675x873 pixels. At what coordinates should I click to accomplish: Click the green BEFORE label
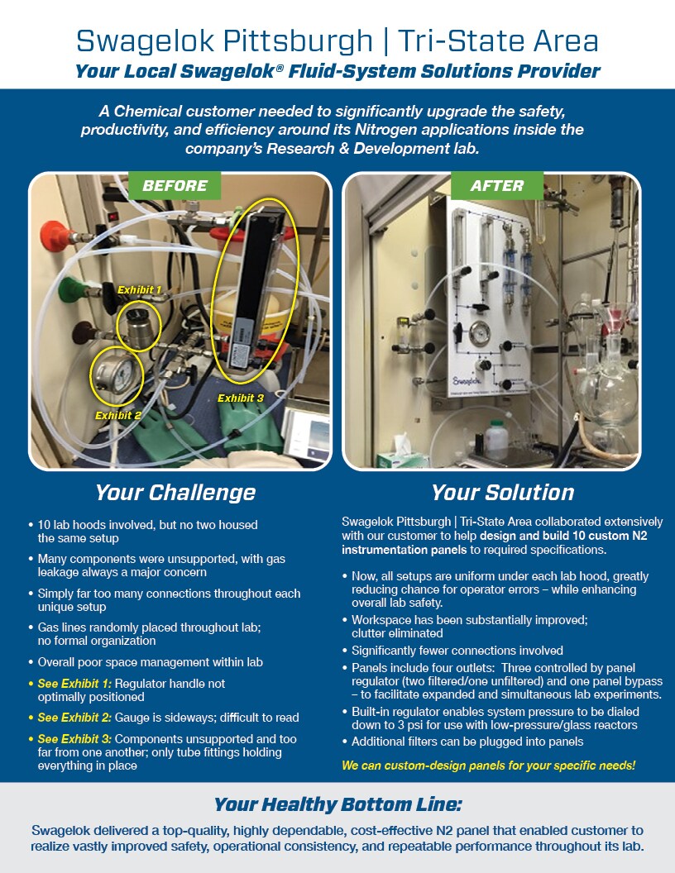click(174, 186)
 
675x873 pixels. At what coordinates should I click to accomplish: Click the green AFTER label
click(496, 186)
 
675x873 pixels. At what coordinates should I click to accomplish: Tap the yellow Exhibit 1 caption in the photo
click(139, 290)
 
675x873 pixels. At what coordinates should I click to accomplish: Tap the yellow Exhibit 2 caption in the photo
click(117, 415)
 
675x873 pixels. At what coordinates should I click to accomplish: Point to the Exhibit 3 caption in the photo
click(241, 398)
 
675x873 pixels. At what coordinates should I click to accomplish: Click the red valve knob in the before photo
click(51, 236)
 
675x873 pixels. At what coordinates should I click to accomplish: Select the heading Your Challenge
click(175, 493)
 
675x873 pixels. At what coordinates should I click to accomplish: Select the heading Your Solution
click(502, 493)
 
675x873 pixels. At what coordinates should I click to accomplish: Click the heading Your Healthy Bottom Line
click(337, 804)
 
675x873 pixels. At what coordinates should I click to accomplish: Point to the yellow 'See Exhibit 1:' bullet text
click(74, 685)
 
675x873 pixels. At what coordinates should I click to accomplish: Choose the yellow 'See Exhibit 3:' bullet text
click(74, 739)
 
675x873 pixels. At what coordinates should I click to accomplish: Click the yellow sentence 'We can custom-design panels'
click(488, 766)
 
